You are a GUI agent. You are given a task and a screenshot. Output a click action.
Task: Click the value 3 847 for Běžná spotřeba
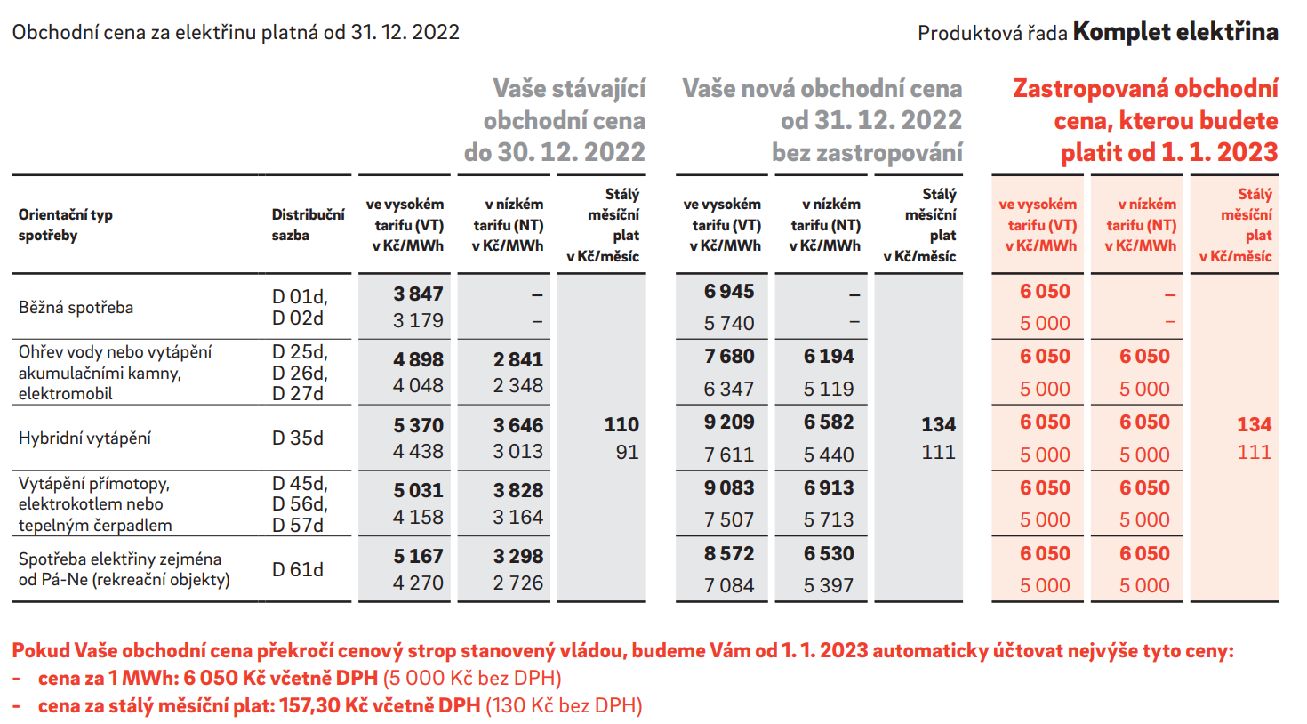pos(418,294)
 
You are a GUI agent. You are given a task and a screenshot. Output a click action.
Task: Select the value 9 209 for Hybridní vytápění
pos(729,422)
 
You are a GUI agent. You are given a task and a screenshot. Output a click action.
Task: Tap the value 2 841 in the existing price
pos(518,359)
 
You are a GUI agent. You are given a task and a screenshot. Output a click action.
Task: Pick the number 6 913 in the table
pos(829,488)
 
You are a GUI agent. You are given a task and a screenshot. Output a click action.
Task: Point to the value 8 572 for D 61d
pos(729,553)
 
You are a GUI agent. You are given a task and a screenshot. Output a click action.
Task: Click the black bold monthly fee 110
pos(621,424)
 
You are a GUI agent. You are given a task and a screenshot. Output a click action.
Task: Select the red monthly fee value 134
pos(1254,424)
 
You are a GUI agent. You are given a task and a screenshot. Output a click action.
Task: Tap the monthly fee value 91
pos(627,452)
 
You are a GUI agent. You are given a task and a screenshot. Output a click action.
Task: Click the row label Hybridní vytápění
pos(84,438)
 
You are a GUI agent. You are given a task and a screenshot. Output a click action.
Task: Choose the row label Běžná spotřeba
pos(76,308)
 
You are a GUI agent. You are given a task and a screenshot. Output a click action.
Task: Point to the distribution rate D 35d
pos(298,438)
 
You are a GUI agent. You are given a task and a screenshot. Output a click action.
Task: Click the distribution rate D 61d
pos(298,569)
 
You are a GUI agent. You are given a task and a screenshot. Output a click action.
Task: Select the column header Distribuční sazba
pos(308,225)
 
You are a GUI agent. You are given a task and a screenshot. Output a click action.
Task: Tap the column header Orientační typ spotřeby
pos(66,225)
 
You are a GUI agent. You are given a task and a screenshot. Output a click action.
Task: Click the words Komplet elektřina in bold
pos(1175,32)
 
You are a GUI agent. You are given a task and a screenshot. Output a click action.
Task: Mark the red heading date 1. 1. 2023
pos(1220,152)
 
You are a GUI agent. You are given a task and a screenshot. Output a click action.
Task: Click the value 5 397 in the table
pos(829,585)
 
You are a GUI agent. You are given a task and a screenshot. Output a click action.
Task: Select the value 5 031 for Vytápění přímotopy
pos(418,490)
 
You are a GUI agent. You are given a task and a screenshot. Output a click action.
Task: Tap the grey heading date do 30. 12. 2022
pos(554,152)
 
